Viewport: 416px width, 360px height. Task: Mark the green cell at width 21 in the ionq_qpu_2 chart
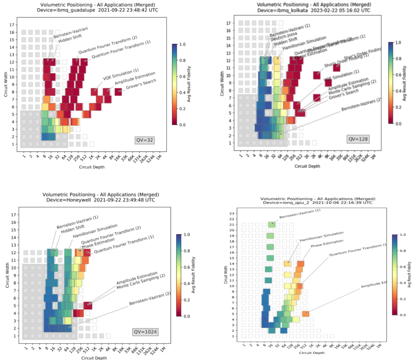(271, 225)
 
